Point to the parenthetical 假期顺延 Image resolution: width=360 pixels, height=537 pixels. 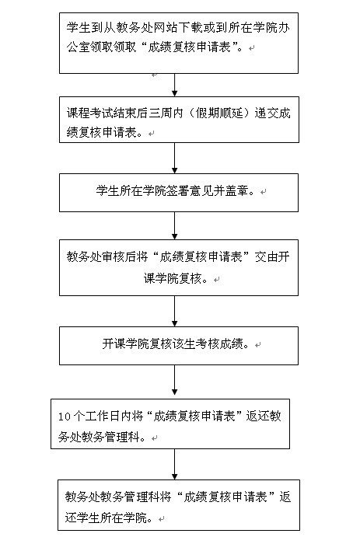point(219,113)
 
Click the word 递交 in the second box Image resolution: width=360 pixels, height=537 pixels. point(267,113)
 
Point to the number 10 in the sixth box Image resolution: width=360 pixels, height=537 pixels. point(65,417)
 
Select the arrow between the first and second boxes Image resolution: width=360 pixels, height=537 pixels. point(175,85)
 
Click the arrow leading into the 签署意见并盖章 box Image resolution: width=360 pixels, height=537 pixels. point(175,159)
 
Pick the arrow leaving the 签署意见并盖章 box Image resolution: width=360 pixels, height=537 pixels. point(175,225)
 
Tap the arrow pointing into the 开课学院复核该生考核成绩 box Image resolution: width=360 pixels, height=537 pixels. point(175,312)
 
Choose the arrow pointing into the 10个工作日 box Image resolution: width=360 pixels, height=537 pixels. point(175,380)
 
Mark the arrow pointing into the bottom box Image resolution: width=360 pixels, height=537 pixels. point(175,465)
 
